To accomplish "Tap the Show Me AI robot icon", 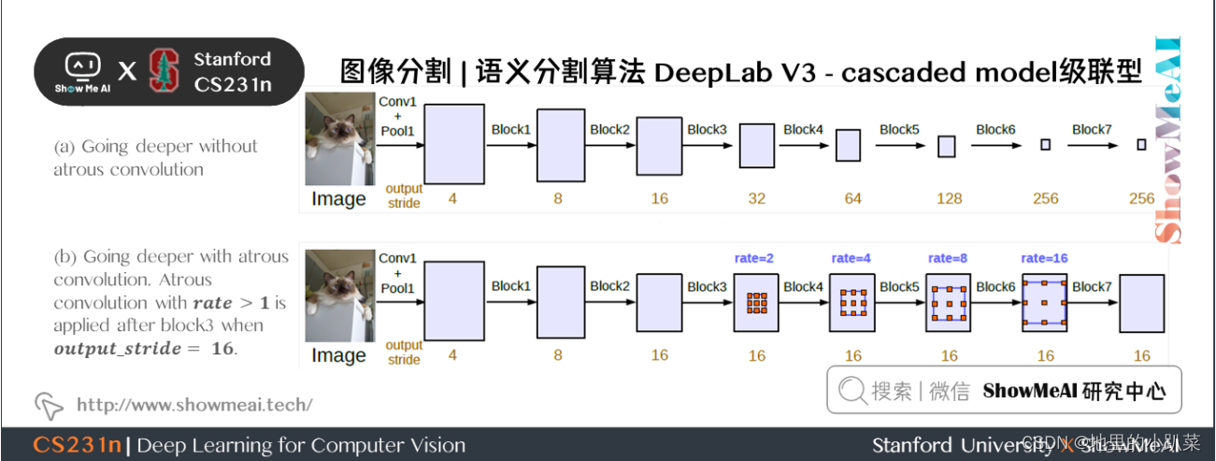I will click(83, 65).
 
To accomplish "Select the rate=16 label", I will click(1044, 258).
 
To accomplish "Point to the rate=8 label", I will click(949, 258).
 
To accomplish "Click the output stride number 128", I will click(949, 198).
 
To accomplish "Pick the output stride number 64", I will click(851, 198).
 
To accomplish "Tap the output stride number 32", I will click(756, 198).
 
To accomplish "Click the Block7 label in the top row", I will click(1092, 130).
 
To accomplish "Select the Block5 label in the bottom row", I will click(899, 286).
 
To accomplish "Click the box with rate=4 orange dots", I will click(851, 302).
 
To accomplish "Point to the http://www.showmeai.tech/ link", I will click(194, 405).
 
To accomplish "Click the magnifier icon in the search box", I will click(851, 391).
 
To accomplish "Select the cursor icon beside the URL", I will click(48, 405).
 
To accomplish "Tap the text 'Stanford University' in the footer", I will click(963, 445).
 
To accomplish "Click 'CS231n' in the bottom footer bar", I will click(77, 445).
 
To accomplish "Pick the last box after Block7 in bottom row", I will click(1141, 302).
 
